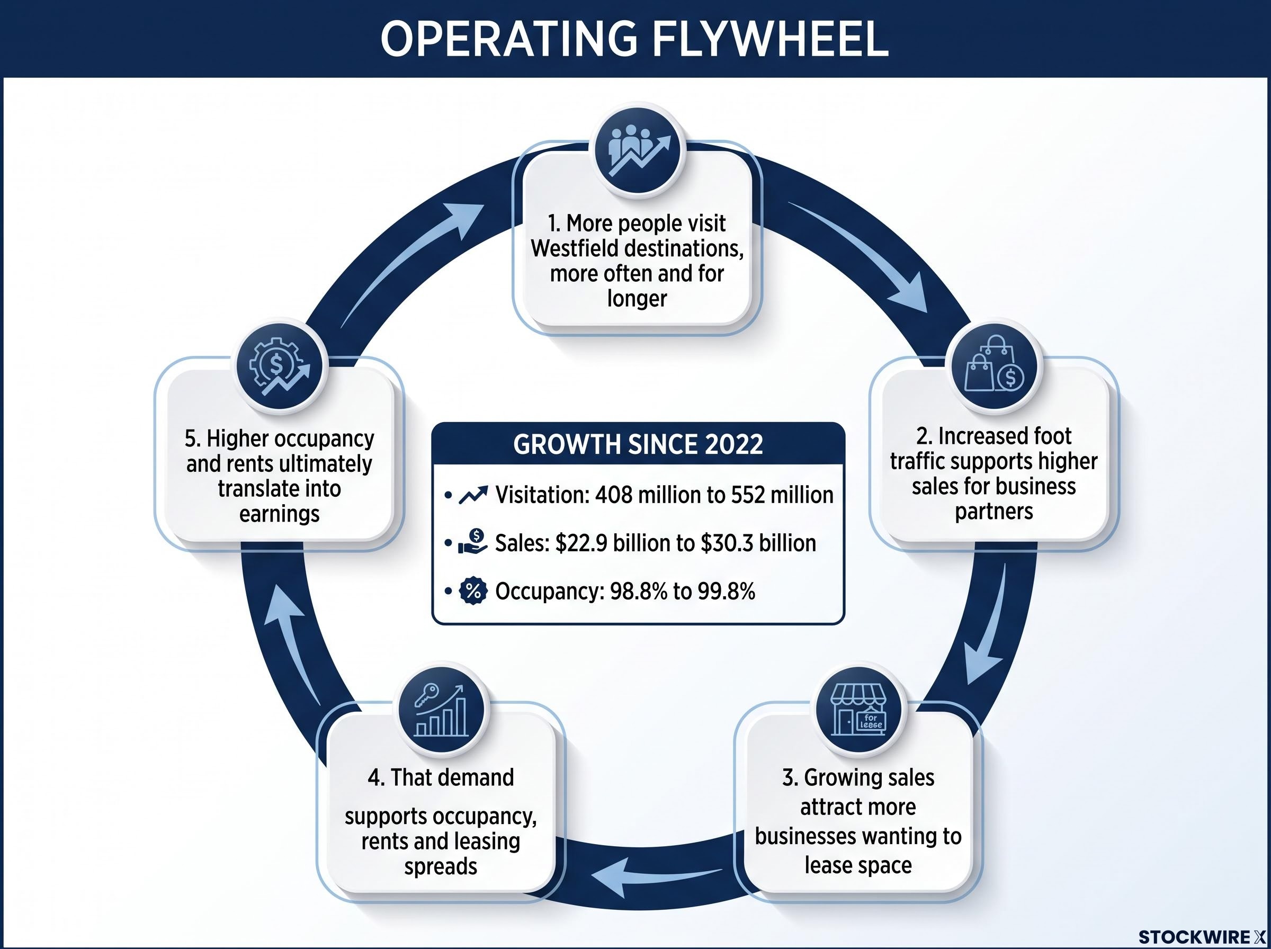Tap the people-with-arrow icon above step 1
[x=638, y=151]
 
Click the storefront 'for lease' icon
[x=858, y=711]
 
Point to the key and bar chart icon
[x=441, y=710]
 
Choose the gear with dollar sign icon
[x=279, y=365]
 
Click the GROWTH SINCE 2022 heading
[x=638, y=445]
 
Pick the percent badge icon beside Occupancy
[x=473, y=591]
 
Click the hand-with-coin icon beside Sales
[x=473, y=542]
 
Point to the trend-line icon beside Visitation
[x=473, y=495]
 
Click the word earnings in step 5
[x=279, y=514]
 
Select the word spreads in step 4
[x=441, y=866]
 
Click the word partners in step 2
[x=993, y=511]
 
